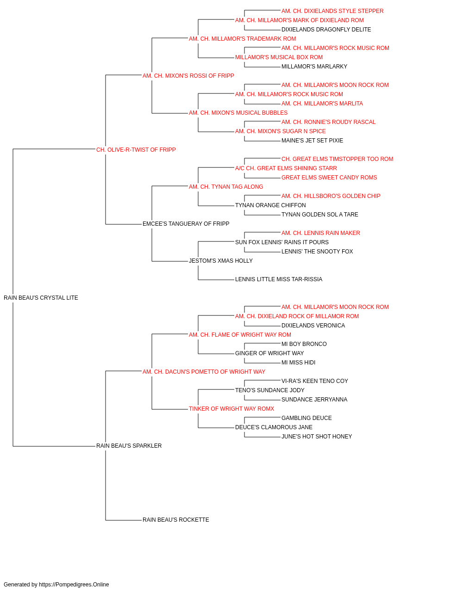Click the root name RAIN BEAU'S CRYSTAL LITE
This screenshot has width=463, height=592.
pyautogui.click(x=41, y=298)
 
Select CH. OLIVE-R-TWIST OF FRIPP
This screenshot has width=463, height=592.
pyautogui.click(x=136, y=150)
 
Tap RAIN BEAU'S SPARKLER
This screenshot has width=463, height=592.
pyautogui.click(x=129, y=446)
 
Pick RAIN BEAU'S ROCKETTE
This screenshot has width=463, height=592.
pyautogui.click(x=176, y=520)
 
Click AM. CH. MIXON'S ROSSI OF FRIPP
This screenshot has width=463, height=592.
pyautogui.click(x=188, y=76)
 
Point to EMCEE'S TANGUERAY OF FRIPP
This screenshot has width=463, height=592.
pyautogui.click(x=186, y=224)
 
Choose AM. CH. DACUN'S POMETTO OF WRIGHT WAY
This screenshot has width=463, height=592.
pyautogui.click(x=204, y=372)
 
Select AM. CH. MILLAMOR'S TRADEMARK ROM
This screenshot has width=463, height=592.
pyautogui.click(x=243, y=39)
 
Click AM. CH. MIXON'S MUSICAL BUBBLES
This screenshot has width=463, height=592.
pyautogui.click(x=238, y=113)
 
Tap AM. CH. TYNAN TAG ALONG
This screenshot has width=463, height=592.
pyautogui.click(x=226, y=187)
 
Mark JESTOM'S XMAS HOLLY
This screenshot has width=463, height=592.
pyautogui.click(x=221, y=261)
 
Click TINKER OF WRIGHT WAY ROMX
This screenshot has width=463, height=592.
pyautogui.click(x=231, y=409)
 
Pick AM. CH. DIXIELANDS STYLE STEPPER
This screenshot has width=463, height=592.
pyautogui.click(x=332, y=11)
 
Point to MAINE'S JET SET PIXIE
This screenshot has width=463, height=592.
pyautogui.click(x=312, y=141)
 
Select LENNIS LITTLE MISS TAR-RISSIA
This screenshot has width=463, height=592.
pyautogui.click(x=279, y=279)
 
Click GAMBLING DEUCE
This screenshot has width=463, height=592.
pyautogui.click(x=307, y=418)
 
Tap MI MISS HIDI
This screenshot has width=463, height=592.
pyautogui.click(x=298, y=363)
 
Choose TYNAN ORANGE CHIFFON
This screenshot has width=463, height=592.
pyautogui.click(x=270, y=205)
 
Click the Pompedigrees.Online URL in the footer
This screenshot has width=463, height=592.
pyautogui.click(x=74, y=585)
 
